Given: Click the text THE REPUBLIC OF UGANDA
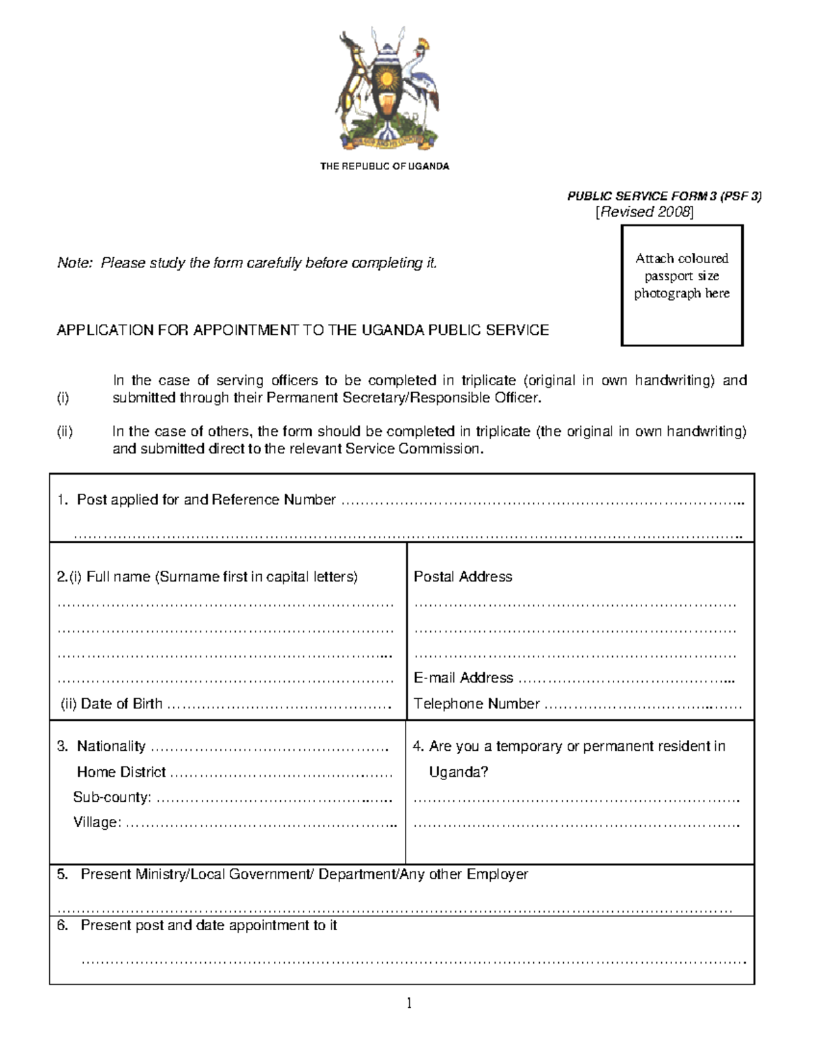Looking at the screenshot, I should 384,166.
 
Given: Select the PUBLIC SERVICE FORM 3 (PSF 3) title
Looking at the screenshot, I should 664,196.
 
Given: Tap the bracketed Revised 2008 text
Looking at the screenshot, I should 644,212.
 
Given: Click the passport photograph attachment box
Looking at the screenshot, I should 682,285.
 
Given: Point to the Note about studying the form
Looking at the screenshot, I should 247,263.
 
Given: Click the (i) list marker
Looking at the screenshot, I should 63,398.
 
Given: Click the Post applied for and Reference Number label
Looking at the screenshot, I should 206,500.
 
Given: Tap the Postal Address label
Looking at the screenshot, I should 463,577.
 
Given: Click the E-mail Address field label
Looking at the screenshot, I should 464,678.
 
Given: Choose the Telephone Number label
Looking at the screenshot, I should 476,704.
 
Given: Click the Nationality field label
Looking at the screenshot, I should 111,747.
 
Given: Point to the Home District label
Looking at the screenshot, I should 121,772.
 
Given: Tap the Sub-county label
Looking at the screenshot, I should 112,797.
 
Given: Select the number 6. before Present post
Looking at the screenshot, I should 63,925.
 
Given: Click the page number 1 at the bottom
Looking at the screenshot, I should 409,1003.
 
